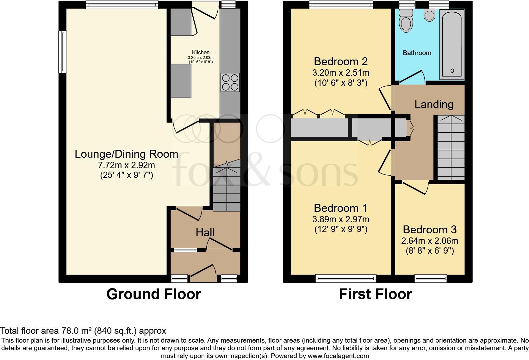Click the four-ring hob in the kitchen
coord(230,82)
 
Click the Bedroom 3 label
coord(430,230)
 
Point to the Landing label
coord(434,104)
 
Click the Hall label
coord(205,233)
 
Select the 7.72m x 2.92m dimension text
coord(127,165)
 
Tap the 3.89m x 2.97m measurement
coord(341,219)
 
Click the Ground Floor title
coord(153,294)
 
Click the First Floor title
coord(375,294)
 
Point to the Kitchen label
coord(201,52)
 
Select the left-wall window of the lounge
coord(63,52)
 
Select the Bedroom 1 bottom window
coord(345,278)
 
